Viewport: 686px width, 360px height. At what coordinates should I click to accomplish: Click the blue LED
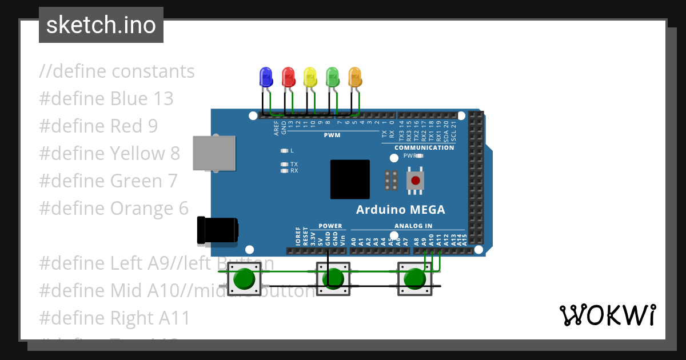click(x=265, y=77)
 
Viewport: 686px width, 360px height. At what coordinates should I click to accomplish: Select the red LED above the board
click(x=288, y=77)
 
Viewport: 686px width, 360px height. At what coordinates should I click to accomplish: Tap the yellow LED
click(x=310, y=77)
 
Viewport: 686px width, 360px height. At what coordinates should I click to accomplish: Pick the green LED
click(x=332, y=77)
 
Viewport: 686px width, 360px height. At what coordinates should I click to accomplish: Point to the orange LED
click(x=354, y=77)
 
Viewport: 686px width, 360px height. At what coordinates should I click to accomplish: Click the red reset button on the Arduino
click(x=416, y=181)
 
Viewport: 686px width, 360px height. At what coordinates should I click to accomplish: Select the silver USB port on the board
click(x=214, y=153)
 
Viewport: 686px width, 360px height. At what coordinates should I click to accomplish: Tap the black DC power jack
click(x=217, y=230)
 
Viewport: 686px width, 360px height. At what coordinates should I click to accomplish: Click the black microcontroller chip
click(x=350, y=179)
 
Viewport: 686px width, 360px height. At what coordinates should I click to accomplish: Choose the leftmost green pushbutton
click(x=245, y=279)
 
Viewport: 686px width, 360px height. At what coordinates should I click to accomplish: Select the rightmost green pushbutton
click(x=414, y=279)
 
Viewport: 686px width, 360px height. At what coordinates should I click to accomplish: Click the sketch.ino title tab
click(x=101, y=25)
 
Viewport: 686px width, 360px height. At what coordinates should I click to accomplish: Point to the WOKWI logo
click(x=608, y=315)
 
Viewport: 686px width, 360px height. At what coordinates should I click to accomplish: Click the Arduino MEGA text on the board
click(x=400, y=209)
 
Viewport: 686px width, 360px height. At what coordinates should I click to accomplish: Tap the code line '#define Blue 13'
click(x=106, y=98)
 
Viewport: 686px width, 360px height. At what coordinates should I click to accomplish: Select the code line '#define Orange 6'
click(x=114, y=208)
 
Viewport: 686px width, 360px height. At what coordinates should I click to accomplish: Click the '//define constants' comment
click(x=117, y=71)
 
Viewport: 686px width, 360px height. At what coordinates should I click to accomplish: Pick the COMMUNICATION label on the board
click(x=424, y=147)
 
